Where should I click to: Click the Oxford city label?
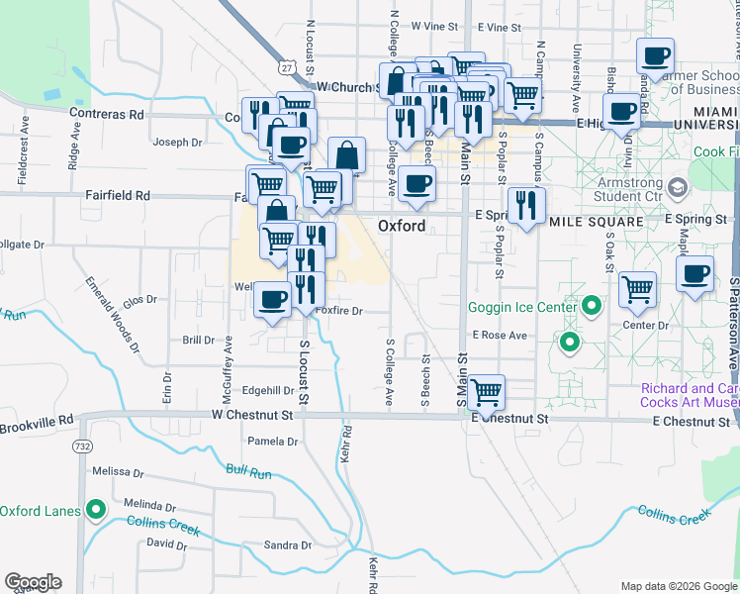click(402, 226)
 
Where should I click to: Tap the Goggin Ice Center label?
click(522, 307)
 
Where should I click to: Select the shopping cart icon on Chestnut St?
click(487, 392)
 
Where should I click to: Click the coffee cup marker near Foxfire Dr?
click(272, 300)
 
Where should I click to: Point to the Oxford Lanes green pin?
click(96, 511)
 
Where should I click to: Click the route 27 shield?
click(286, 66)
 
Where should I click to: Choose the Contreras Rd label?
click(107, 114)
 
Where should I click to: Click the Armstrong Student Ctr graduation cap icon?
click(678, 187)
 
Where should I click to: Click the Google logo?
click(34, 582)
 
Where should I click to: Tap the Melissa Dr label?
click(112, 472)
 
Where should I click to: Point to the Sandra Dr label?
click(288, 545)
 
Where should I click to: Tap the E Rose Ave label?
click(500, 336)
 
